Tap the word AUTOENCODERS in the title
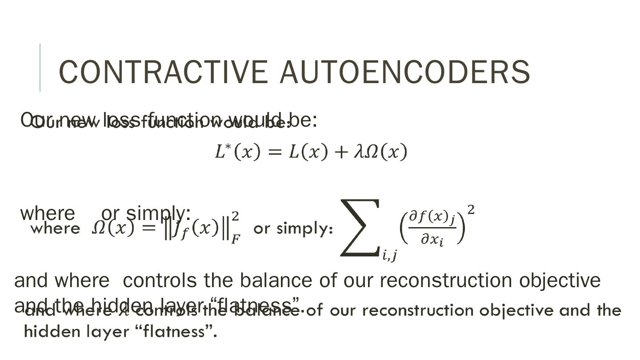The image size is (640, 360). click(405, 72)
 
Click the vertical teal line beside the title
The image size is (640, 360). click(40, 68)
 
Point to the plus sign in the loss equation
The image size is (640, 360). click(341, 152)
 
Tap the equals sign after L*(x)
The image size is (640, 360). click(275, 152)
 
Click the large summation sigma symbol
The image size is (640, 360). click(360, 228)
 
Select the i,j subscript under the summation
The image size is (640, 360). click(390, 255)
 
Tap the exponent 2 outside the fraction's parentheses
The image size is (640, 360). click(471, 210)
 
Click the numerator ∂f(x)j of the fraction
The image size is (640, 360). click(432, 218)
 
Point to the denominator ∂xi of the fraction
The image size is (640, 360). click(432, 240)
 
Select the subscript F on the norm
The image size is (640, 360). click(236, 239)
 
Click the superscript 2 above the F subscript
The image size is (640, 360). click(236, 216)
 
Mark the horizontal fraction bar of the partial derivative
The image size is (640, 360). click(432, 228)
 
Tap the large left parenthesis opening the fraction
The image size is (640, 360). click(403, 228)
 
